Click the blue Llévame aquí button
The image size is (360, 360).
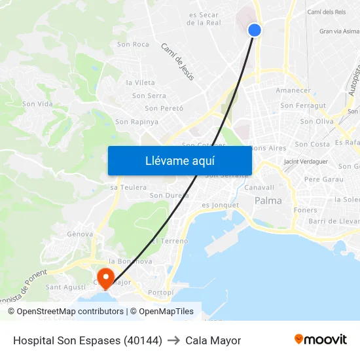pos(179,160)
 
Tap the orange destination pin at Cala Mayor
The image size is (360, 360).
pos(105,276)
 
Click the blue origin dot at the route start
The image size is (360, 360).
pos(255,29)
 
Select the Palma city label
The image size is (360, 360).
pos(268,201)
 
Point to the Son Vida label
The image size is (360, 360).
pos(37,104)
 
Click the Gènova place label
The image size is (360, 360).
pos(80,234)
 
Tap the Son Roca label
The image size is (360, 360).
pos(133,45)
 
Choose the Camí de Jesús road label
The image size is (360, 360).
pos(177,62)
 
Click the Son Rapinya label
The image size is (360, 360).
pos(137,122)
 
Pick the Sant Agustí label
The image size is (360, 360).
pos(65,287)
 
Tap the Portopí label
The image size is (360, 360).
pos(161,292)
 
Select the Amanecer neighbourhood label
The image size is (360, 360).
pos(293,90)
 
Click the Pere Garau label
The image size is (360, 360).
pos(323,179)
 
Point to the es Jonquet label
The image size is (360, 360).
pos(220,205)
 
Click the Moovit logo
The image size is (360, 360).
pos(320,340)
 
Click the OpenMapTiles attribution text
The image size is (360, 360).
pos(166,312)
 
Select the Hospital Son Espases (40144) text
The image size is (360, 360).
pos(88,340)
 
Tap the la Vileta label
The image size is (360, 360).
pos(140,82)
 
